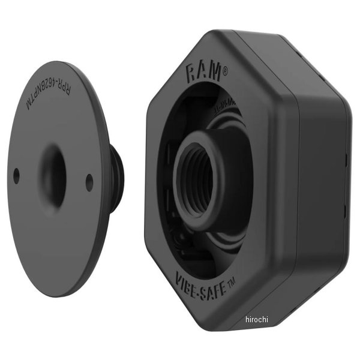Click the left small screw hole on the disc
click(x=16, y=175)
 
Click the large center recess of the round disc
click(x=55, y=177)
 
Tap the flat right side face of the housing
click(x=324, y=180)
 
